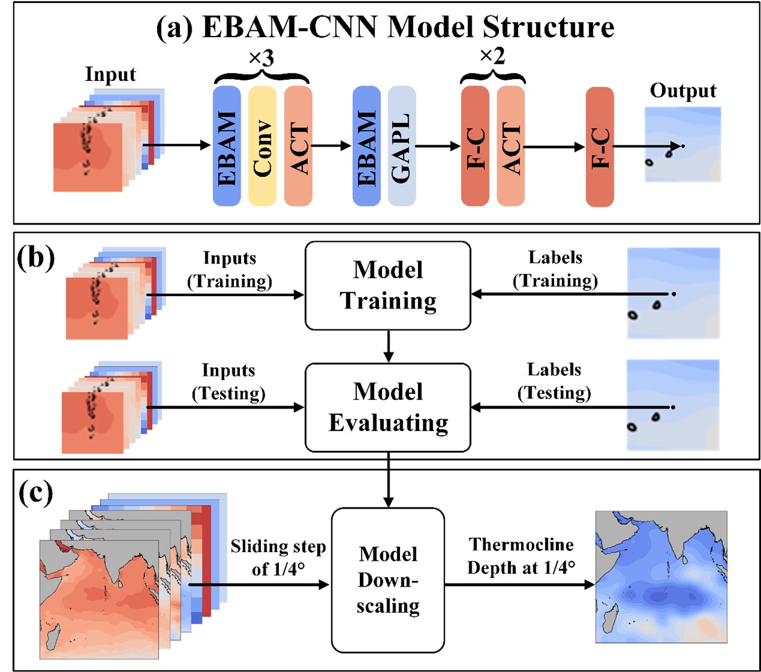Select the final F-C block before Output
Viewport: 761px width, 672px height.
[x=600, y=146]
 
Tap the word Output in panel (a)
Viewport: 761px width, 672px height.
[x=683, y=91]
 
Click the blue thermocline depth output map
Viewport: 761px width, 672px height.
[x=662, y=577]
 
